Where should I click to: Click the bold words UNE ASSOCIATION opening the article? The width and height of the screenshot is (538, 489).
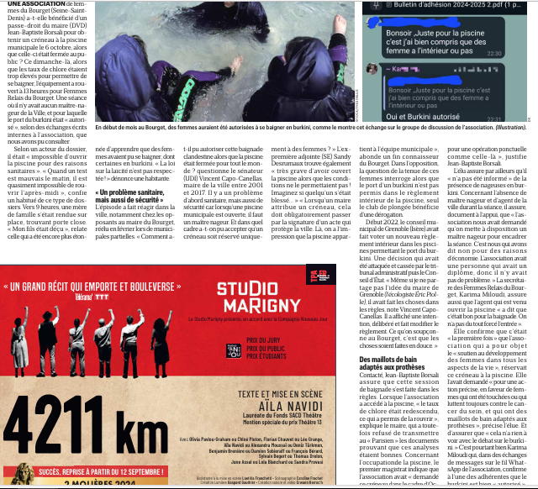(x=28, y=4)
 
